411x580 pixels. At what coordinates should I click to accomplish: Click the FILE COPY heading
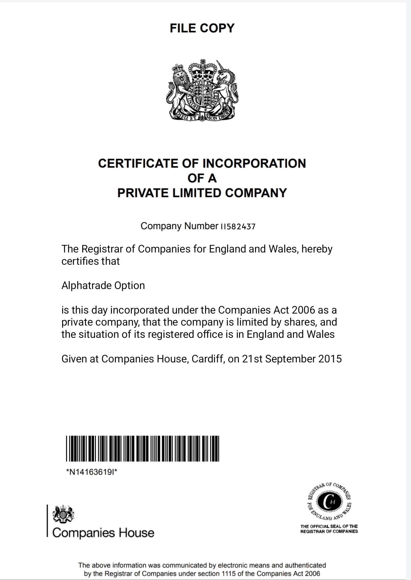[x=202, y=28]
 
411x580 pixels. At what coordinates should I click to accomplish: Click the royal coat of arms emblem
[x=202, y=90]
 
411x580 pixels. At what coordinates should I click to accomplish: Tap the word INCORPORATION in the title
[x=254, y=164]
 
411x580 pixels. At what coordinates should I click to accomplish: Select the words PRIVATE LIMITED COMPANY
[x=202, y=193]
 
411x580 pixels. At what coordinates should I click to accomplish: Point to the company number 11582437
[x=238, y=227]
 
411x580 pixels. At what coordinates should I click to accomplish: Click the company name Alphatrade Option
[x=103, y=286]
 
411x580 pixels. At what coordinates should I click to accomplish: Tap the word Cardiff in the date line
[x=207, y=359]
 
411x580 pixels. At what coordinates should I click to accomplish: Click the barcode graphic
[x=142, y=449]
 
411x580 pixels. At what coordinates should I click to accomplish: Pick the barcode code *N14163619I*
[x=92, y=472]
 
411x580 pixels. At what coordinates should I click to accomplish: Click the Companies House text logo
[x=103, y=533]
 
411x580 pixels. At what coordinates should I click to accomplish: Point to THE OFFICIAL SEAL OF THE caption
[x=329, y=526]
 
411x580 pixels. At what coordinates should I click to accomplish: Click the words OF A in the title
[x=202, y=178]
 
